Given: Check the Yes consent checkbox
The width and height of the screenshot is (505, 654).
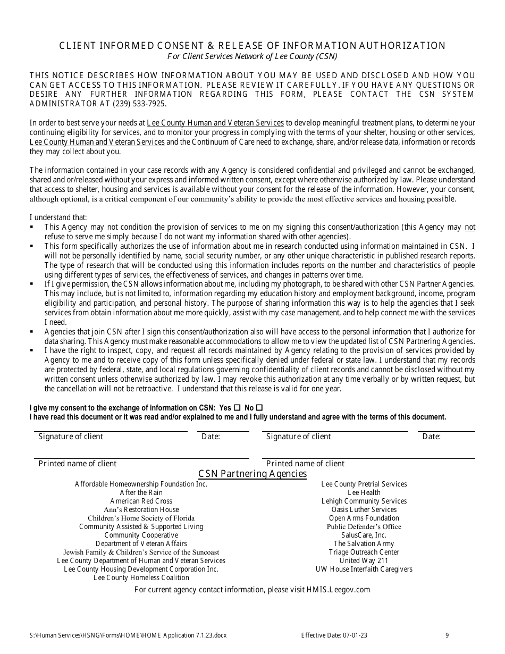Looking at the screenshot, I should (x=237, y=408).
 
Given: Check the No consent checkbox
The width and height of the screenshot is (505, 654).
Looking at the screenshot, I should (x=259, y=408).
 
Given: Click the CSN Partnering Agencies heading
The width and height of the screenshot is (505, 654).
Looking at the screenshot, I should (x=252, y=473).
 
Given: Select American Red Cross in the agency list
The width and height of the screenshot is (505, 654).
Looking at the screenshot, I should (x=141, y=501).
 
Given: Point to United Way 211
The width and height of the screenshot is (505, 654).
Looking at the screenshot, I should (x=364, y=560).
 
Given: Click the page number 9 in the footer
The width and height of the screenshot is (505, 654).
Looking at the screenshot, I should (x=447, y=635).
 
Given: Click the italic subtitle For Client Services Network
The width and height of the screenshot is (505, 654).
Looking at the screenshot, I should (x=252, y=56).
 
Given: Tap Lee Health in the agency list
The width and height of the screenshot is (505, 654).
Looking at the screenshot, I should (x=364, y=492).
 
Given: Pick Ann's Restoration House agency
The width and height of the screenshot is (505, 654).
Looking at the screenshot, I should (x=141, y=509).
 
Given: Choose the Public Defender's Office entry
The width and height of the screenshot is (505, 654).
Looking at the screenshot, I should (x=364, y=526).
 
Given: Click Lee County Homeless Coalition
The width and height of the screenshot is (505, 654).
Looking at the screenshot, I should (x=141, y=577).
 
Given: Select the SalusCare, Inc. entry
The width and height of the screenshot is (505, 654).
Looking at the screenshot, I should (x=364, y=535).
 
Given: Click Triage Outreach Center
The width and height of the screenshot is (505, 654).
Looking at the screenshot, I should (x=364, y=552).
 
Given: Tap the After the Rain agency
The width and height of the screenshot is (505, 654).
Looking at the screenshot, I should (x=141, y=492).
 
